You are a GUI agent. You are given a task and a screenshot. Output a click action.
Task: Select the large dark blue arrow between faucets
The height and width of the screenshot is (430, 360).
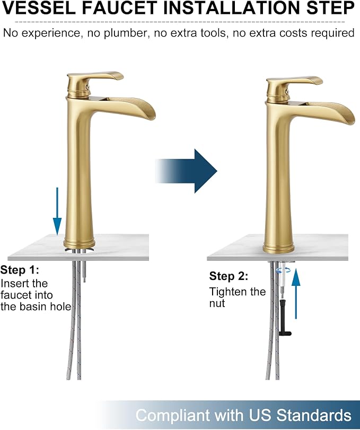coord(186,171)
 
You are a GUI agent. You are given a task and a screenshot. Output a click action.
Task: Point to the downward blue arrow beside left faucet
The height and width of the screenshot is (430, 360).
coord(57,211)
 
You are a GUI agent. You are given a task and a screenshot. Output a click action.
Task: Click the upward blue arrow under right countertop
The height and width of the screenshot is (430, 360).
coord(296,293)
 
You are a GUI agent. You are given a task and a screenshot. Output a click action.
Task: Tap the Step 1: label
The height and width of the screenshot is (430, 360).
coord(20,270)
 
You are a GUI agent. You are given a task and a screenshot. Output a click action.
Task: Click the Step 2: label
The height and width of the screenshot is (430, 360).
coord(229,276)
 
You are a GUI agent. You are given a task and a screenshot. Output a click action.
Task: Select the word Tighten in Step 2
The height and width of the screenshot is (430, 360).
coord(229,292)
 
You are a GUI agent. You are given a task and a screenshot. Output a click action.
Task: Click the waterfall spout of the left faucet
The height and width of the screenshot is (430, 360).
coord(129,108)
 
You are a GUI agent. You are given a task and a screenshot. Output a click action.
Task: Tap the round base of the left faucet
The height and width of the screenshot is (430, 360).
coord(79,243)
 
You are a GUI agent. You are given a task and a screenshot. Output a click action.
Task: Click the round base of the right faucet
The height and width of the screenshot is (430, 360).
coord(279,247)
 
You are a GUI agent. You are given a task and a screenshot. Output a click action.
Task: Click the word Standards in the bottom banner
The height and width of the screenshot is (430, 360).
coord(314,415)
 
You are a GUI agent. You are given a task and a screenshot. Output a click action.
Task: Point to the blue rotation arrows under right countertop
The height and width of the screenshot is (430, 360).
coord(283,270)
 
